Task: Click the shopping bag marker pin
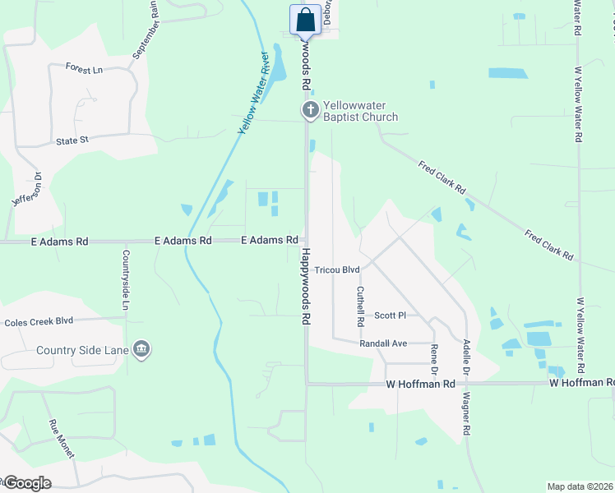click(x=305, y=21)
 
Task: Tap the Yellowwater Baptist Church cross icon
click(x=311, y=110)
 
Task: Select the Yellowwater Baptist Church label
click(x=360, y=111)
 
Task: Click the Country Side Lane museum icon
click(x=141, y=350)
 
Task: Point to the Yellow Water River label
click(x=254, y=93)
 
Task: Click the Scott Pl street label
click(x=391, y=316)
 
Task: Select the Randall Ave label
click(x=384, y=343)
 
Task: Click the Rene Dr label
click(x=434, y=356)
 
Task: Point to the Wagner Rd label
click(x=465, y=413)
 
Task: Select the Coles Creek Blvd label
click(x=39, y=322)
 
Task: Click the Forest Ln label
click(x=84, y=69)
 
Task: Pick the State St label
click(x=72, y=141)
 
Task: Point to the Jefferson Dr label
click(x=26, y=191)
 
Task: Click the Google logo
click(x=26, y=483)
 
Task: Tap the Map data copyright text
click(x=580, y=486)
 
